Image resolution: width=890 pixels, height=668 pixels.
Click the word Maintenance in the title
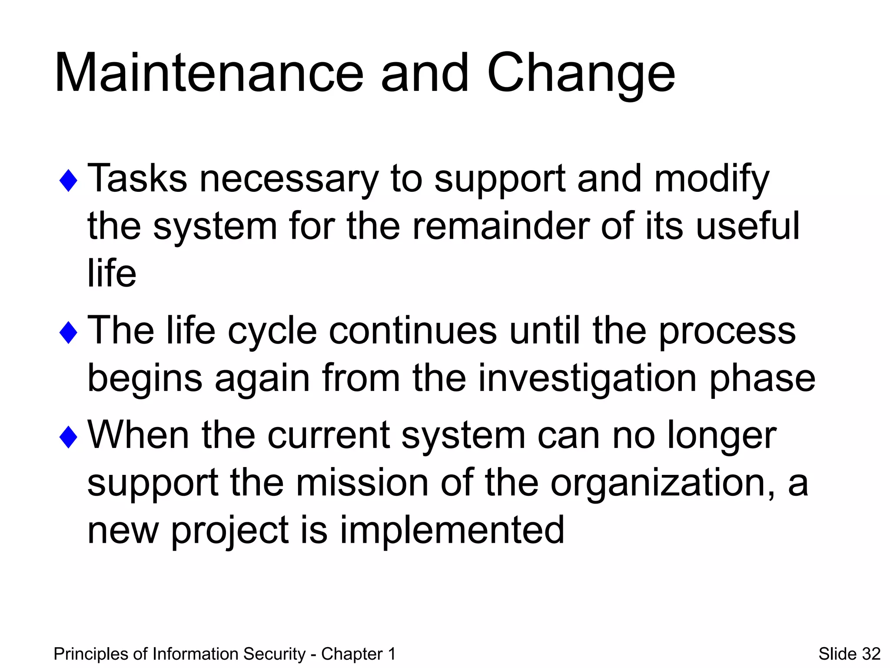point(209,73)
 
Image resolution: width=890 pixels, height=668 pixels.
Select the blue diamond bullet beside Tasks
point(68,180)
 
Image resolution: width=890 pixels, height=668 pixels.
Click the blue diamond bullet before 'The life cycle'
point(68,333)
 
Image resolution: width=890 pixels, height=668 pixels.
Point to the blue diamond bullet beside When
point(68,437)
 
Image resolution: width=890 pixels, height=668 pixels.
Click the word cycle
point(272,331)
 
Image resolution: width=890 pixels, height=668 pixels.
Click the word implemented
point(452,531)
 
